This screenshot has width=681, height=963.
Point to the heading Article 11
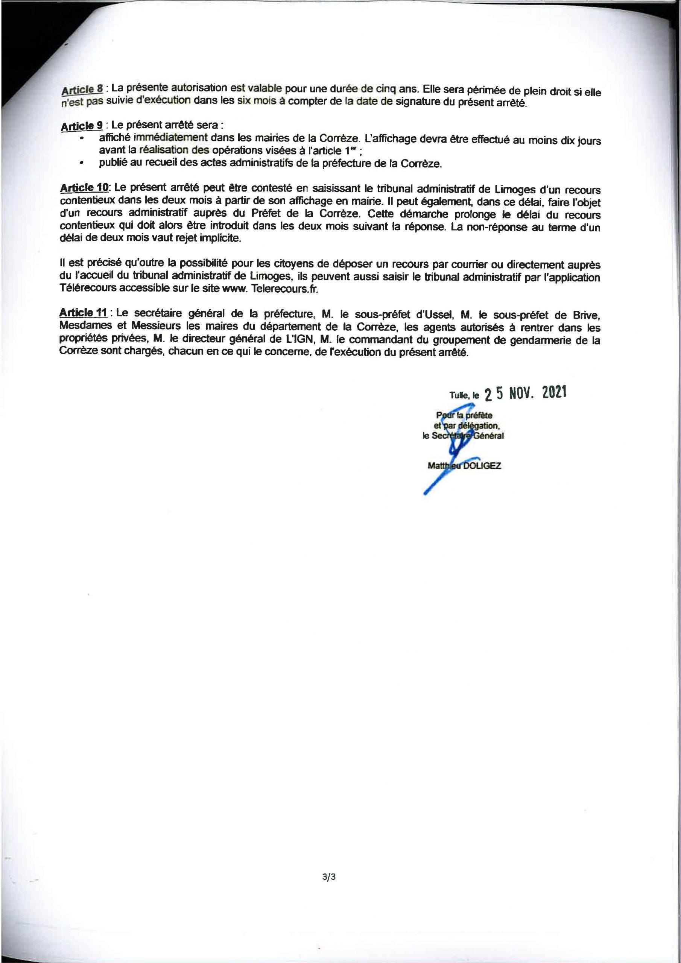(85, 313)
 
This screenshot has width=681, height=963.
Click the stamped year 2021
(554, 393)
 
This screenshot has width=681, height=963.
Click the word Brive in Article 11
(586, 314)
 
